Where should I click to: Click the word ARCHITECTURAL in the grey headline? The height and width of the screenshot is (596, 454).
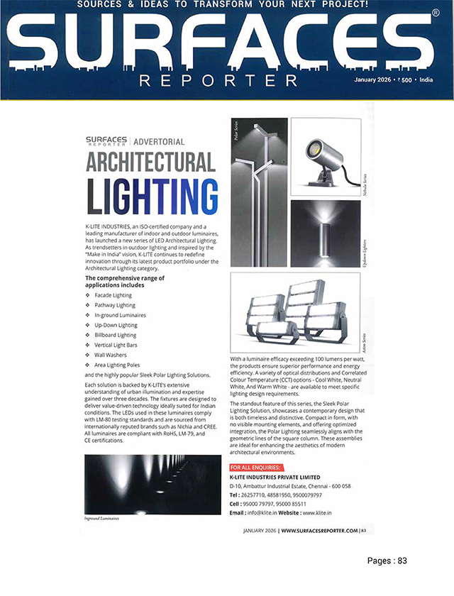point(151,162)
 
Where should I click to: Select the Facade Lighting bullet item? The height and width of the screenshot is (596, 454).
point(113,294)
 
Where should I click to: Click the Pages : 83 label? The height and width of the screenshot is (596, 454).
point(387,561)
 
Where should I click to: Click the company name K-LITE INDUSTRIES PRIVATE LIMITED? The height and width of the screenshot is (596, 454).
point(275,478)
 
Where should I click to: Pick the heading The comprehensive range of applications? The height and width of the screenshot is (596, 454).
point(125,281)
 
